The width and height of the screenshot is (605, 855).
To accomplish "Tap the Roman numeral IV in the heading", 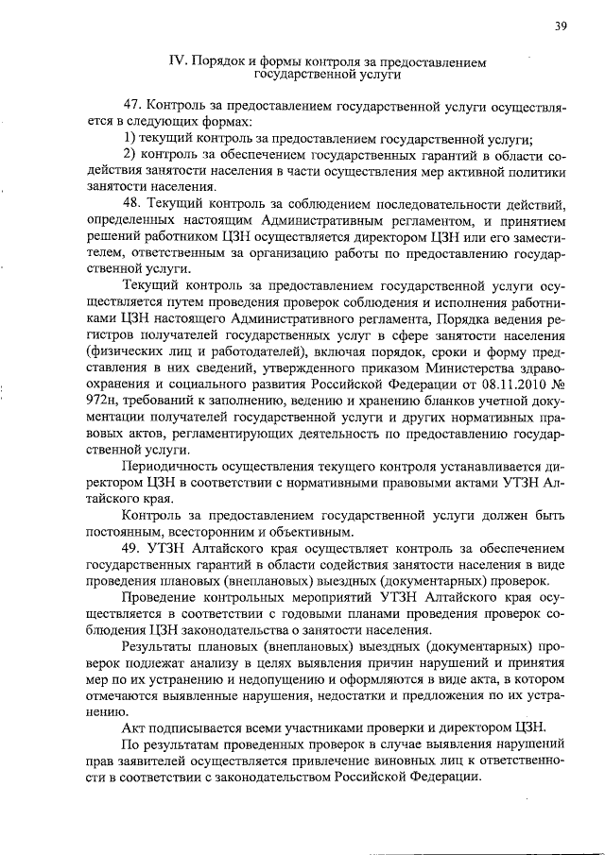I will tap(177, 60).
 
